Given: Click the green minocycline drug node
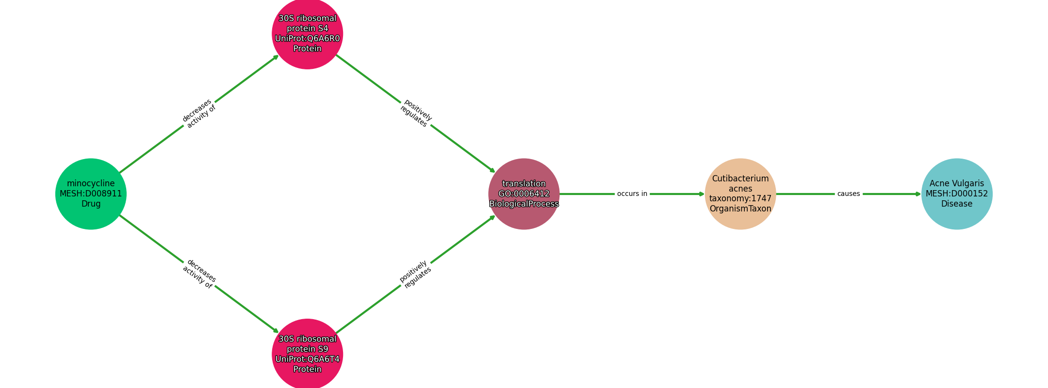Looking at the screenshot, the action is pyautogui.click(x=91, y=194).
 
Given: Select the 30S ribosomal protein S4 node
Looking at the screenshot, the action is pyautogui.click(x=308, y=33).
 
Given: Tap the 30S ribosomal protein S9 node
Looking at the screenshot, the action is pyautogui.click(x=308, y=354).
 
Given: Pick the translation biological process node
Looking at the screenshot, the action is pyautogui.click(x=524, y=194).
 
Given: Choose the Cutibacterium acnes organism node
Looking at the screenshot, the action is pyautogui.click(x=740, y=194).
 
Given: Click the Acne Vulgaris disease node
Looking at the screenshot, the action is pyautogui.click(x=957, y=194).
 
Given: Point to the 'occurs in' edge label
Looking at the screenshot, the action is pyautogui.click(x=632, y=194).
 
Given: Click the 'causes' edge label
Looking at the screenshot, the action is pyautogui.click(x=849, y=194).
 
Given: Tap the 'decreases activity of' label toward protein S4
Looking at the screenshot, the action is pyautogui.click(x=199, y=113).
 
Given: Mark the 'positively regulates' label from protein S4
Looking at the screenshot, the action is pyautogui.click(x=416, y=113).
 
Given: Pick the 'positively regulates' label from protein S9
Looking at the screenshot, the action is pyautogui.click(x=415, y=274).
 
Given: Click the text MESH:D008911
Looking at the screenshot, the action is pyautogui.click(x=91, y=194).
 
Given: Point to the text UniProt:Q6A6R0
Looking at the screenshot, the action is pyautogui.click(x=308, y=38).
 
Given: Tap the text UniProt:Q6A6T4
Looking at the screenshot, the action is pyautogui.click(x=308, y=359).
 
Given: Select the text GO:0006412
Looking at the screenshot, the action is pyautogui.click(x=524, y=194).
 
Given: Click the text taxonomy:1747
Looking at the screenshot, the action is pyautogui.click(x=740, y=198).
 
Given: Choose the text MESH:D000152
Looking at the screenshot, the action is pyautogui.click(x=957, y=194).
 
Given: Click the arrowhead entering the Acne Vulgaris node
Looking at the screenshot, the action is pyautogui.click(x=918, y=194).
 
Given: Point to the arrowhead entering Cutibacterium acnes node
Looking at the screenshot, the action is pyautogui.click(x=702, y=194).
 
